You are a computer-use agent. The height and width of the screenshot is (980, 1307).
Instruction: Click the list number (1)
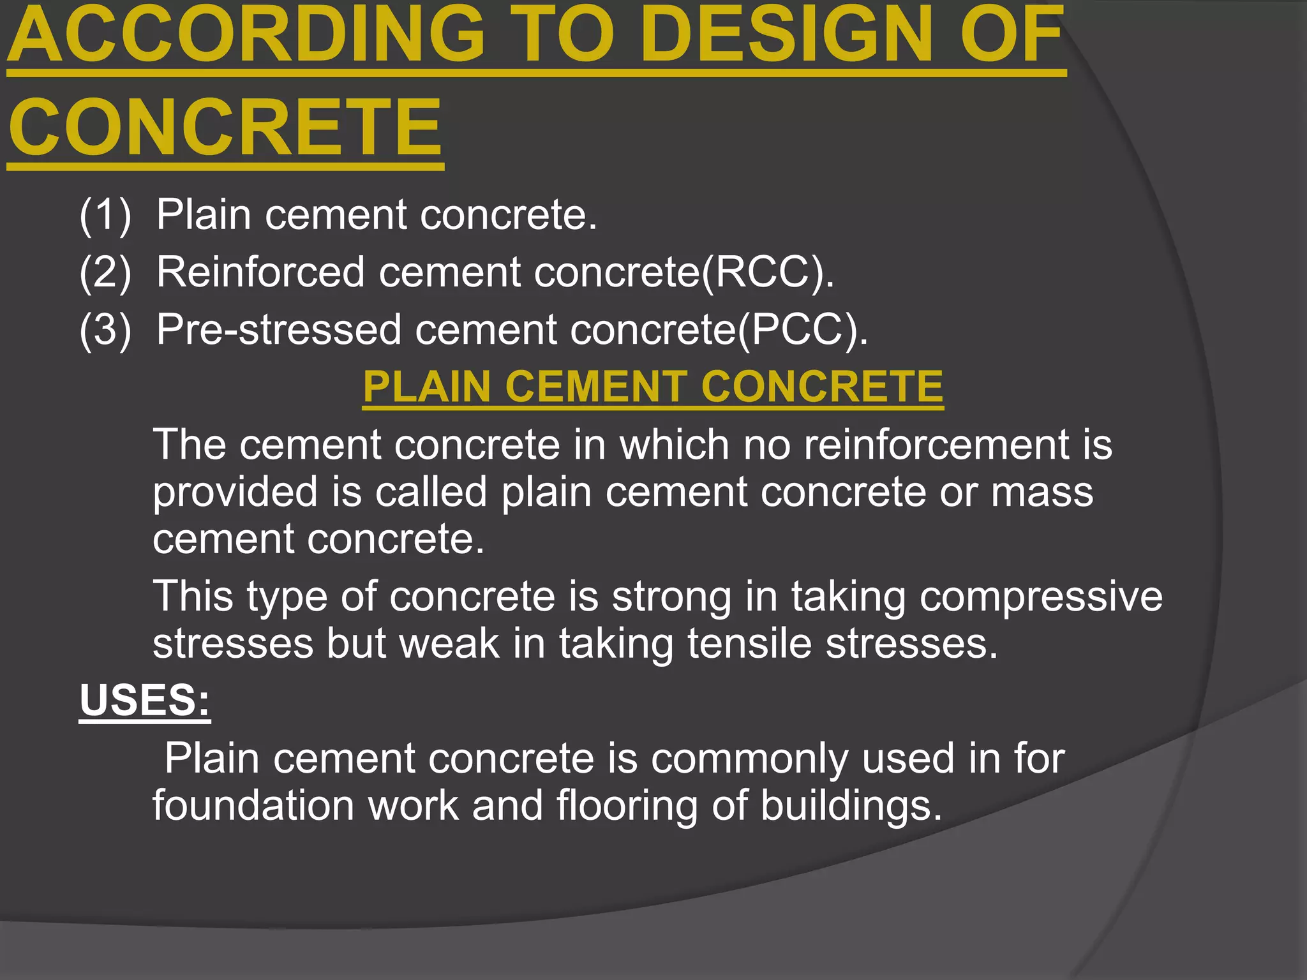(105, 214)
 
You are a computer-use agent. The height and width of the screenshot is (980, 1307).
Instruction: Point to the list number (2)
(105, 272)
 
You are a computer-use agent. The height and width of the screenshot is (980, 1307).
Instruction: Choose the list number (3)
(105, 330)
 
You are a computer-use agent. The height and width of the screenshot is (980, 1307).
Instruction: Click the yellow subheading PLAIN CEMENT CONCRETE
(653, 387)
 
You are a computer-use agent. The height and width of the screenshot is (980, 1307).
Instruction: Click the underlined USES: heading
(145, 700)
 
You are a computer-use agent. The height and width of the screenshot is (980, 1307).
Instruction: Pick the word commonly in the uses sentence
(749, 759)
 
